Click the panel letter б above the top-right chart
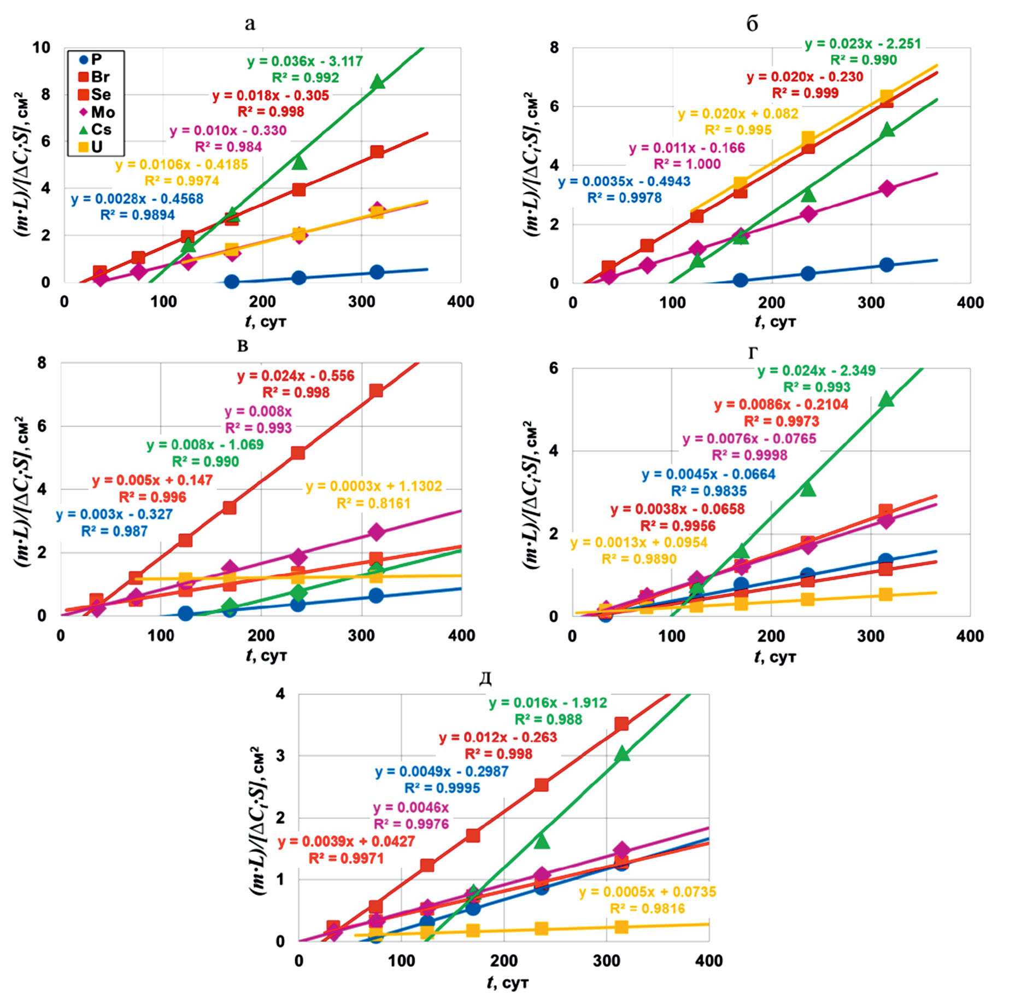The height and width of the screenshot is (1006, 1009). coord(752,24)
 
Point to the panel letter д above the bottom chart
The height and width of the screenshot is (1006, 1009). coord(485,679)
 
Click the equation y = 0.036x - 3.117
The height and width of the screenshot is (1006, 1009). coord(305,61)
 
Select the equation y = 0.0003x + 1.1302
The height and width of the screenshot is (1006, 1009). coord(373,486)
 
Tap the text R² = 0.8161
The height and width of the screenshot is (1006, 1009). coord(373,503)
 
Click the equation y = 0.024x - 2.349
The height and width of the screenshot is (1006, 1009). coord(817,371)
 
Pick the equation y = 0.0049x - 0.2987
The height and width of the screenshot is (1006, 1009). coord(442,771)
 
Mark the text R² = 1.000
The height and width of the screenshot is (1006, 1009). coord(687,164)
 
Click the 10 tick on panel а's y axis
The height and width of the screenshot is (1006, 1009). coord(41,48)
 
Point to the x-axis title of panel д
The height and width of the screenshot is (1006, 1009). coord(508,983)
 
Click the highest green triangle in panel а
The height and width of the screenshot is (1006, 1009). coord(377,83)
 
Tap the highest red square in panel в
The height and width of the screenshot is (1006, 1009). coord(376,391)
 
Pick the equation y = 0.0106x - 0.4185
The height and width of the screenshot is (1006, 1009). coord(181,165)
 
